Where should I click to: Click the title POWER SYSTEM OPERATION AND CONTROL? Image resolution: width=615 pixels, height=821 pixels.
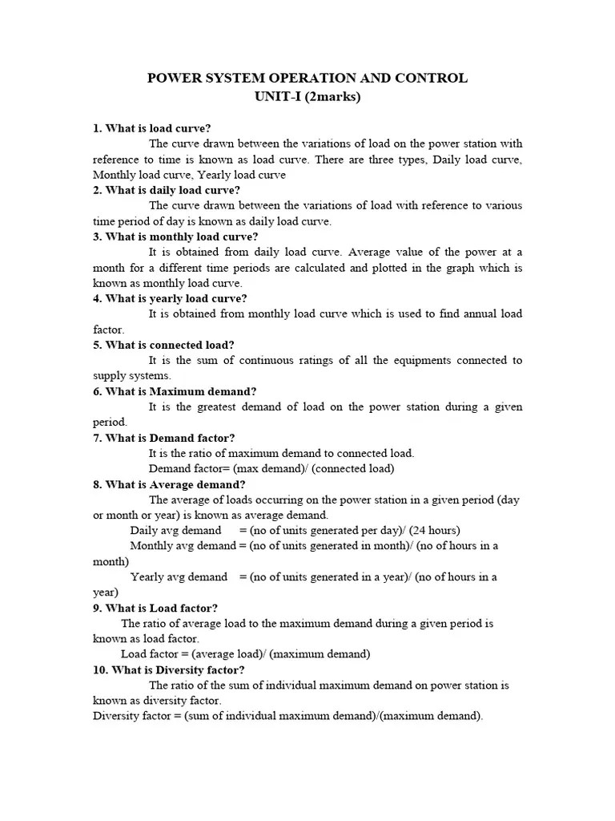307,79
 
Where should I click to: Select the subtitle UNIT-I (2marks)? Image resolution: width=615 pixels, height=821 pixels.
307,97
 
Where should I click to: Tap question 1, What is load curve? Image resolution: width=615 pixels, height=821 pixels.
152,128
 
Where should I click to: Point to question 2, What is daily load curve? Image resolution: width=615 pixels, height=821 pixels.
167,190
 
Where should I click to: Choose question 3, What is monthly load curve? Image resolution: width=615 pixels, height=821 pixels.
175,237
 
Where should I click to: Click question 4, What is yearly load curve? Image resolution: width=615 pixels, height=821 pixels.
170,299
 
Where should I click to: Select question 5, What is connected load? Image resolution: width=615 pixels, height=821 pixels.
163,346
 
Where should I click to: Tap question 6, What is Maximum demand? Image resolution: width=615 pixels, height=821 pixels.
175,391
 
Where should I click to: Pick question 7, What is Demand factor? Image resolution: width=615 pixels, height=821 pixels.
164,438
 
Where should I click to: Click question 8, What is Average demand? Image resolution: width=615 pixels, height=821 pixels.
169,484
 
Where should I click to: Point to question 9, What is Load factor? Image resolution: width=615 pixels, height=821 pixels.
155,608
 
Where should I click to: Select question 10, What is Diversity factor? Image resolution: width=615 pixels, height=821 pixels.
169,669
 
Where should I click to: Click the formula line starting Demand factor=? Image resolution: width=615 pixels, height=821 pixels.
271,468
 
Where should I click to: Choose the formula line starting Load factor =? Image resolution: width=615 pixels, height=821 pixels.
245,654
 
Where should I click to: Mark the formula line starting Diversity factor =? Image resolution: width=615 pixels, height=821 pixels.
288,716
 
